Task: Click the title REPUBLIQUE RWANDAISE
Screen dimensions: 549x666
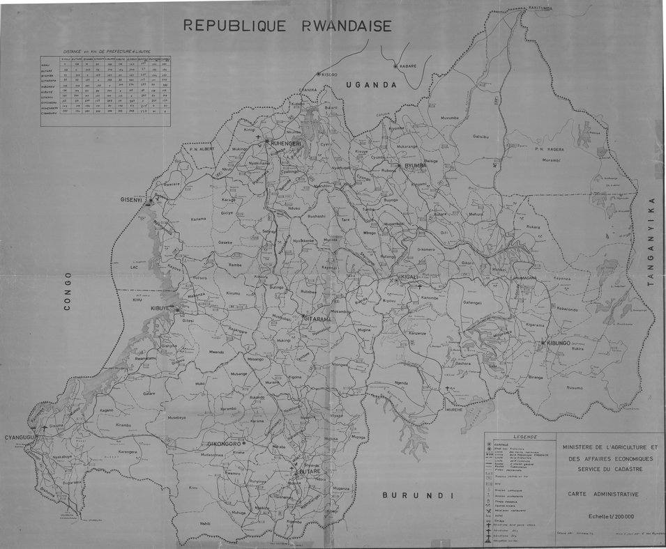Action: [x=287, y=26]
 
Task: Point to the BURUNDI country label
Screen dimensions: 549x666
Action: [x=418, y=495]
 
